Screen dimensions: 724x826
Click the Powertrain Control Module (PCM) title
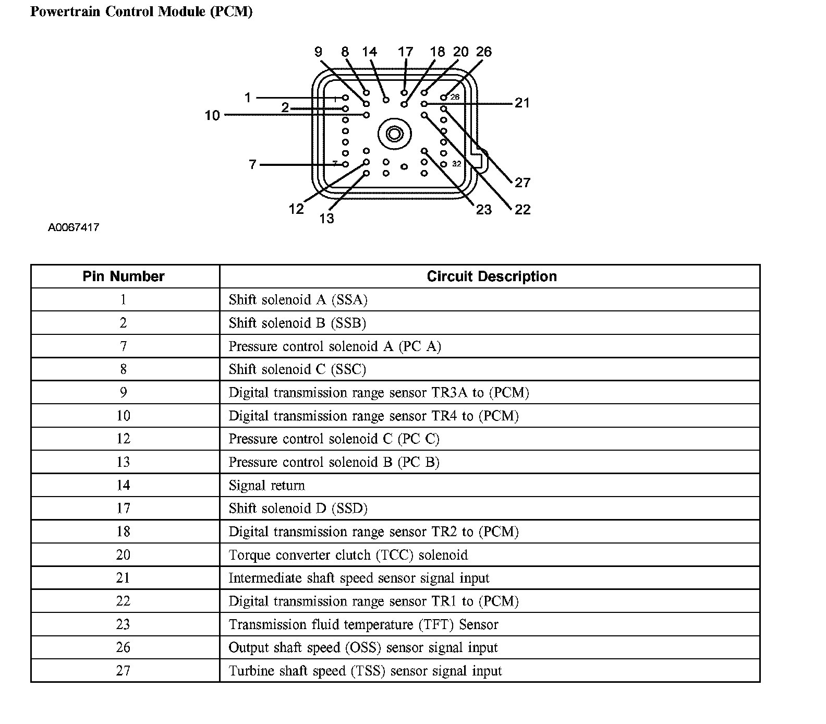(x=141, y=11)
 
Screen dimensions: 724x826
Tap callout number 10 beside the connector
(x=212, y=115)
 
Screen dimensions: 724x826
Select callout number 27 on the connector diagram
(x=522, y=183)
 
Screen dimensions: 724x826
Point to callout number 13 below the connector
(x=326, y=218)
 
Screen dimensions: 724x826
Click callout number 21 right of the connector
(x=522, y=103)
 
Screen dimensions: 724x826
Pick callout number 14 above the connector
(x=369, y=52)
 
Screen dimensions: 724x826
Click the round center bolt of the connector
(x=394, y=135)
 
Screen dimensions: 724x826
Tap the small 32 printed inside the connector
(x=456, y=164)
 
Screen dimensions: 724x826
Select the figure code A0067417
(x=74, y=227)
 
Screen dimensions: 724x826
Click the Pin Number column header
(x=124, y=276)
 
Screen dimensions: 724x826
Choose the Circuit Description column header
(x=491, y=276)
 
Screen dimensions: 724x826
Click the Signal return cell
(x=266, y=486)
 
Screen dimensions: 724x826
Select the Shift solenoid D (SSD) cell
(x=298, y=509)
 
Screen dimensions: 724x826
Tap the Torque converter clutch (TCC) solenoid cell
(x=348, y=555)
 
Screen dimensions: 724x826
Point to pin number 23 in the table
(x=123, y=624)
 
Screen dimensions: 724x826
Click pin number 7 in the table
(x=123, y=346)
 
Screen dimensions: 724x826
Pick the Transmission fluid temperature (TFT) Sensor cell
(x=363, y=624)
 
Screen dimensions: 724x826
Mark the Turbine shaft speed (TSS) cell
(x=365, y=671)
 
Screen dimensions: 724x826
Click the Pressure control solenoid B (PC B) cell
(x=334, y=462)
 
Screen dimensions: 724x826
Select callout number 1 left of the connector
(x=248, y=98)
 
